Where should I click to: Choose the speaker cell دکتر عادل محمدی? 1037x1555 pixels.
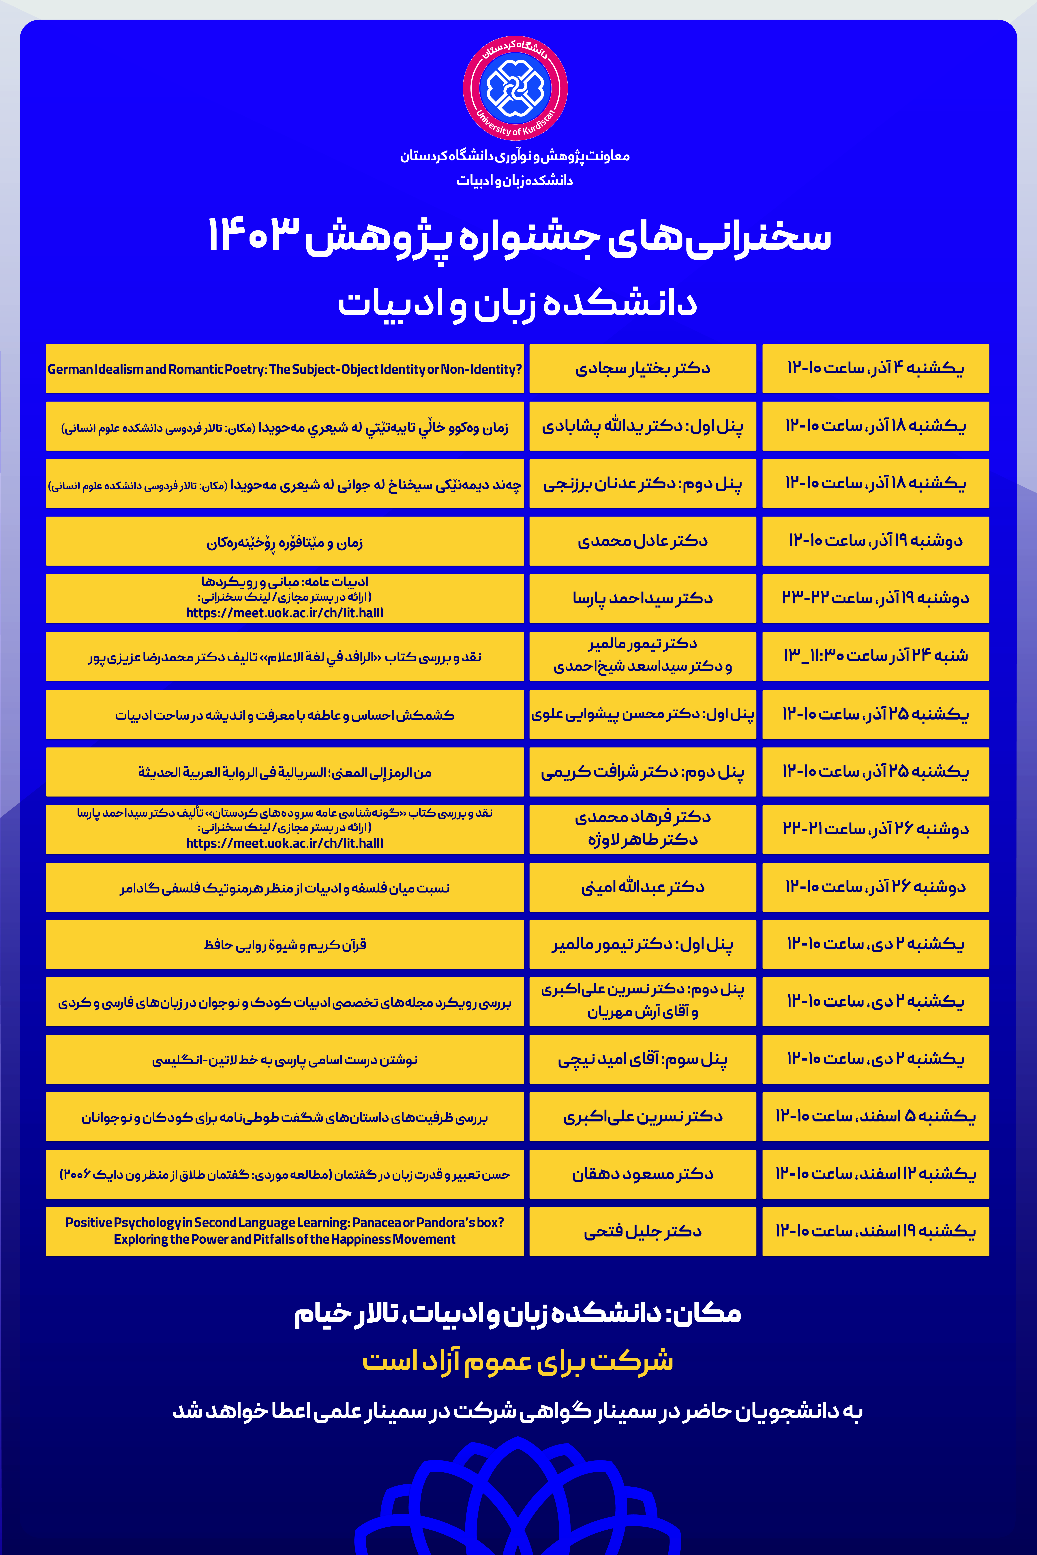click(642, 541)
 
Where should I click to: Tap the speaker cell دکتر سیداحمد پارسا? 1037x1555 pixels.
click(642, 598)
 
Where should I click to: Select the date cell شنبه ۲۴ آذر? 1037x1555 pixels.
click(875, 656)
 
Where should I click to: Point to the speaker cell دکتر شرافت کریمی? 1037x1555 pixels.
click(642, 771)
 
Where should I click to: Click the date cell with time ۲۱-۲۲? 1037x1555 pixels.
click(875, 829)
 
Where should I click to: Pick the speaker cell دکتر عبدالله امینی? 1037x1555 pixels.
click(642, 887)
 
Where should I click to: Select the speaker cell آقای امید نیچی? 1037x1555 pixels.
click(642, 1059)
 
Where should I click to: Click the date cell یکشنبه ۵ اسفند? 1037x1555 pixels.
click(875, 1117)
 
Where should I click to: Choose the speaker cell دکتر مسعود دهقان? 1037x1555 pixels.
click(642, 1174)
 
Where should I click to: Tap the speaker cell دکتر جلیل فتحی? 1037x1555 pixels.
click(642, 1231)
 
